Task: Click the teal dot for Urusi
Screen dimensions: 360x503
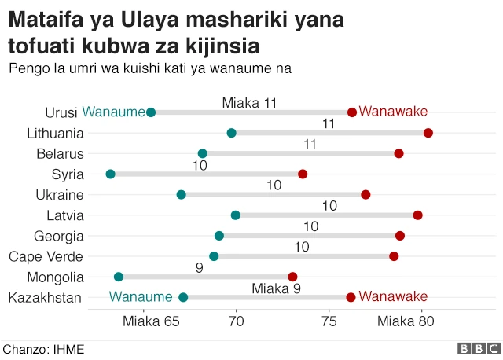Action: click(151, 112)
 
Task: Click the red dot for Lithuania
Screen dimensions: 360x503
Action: click(428, 133)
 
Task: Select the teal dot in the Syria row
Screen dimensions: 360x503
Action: click(110, 174)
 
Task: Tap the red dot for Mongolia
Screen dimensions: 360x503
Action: click(293, 277)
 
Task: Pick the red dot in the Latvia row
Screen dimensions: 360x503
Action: click(417, 215)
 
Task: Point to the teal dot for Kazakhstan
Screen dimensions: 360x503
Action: click(183, 297)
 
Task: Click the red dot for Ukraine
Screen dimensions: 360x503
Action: click(365, 194)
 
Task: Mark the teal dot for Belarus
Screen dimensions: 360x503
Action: click(203, 153)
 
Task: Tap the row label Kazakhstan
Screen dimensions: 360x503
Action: click(44, 297)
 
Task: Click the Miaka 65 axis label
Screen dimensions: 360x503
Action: click(150, 321)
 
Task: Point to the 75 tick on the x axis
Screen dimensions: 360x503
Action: click(329, 321)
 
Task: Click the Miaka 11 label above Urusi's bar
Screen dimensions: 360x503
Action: click(249, 103)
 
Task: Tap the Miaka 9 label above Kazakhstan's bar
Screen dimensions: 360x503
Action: click(276, 288)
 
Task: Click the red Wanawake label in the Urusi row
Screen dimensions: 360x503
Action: click(393, 112)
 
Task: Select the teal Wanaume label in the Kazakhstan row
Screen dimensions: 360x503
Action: click(141, 296)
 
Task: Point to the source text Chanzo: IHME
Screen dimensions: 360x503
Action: click(43, 349)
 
